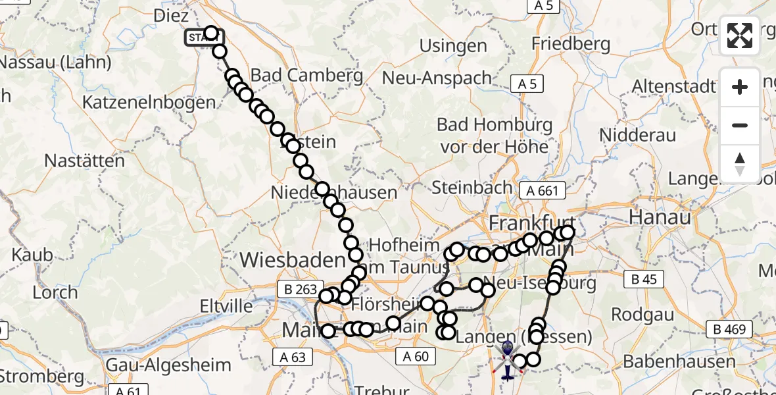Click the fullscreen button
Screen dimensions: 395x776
click(x=740, y=36)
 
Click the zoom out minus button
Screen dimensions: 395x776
click(x=740, y=126)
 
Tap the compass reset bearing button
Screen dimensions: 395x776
click(x=740, y=163)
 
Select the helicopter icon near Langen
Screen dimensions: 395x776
click(x=508, y=360)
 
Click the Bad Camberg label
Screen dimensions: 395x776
click(x=306, y=75)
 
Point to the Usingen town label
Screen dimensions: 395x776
click(x=453, y=46)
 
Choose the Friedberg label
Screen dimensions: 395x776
click(x=571, y=45)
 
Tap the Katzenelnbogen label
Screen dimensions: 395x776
click(x=149, y=102)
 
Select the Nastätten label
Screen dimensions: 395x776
click(x=84, y=161)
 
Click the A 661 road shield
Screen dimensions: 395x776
click(x=542, y=191)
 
